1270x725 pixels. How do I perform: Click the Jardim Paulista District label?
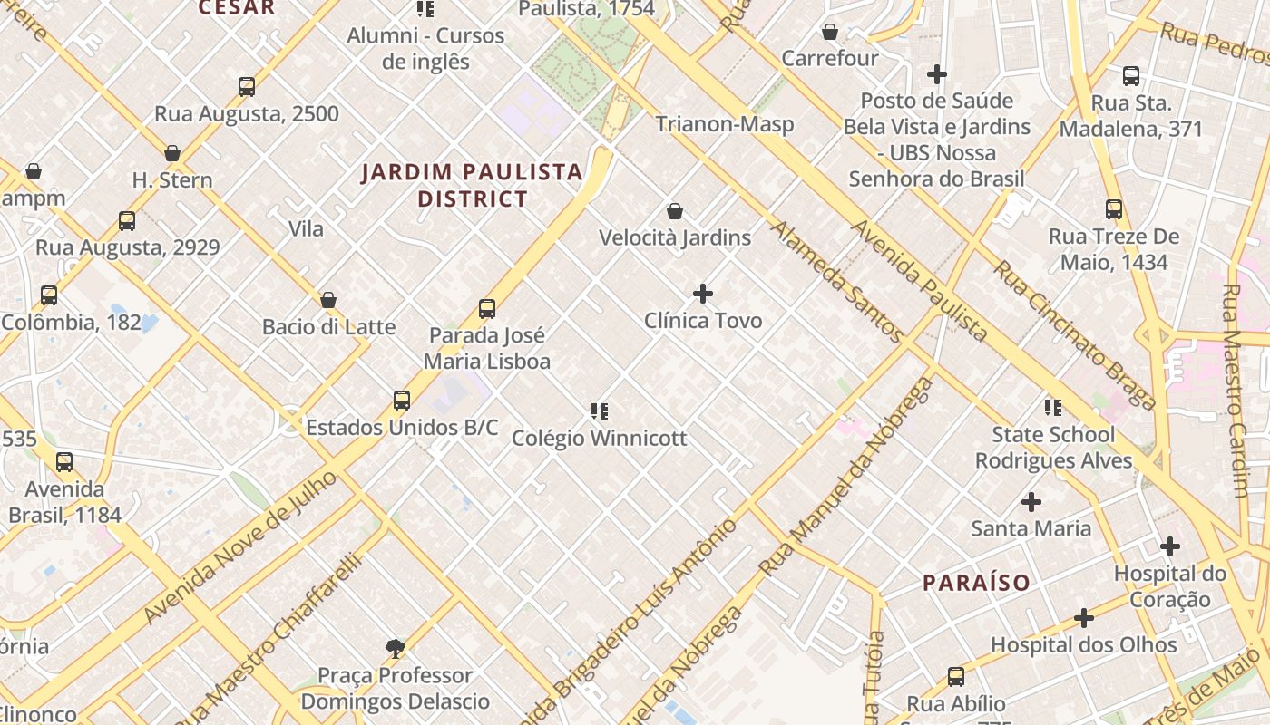pyautogui.click(x=472, y=185)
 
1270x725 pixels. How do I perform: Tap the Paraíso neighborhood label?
pyautogui.click(x=976, y=583)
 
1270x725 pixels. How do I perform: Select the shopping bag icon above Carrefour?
pyautogui.click(x=829, y=33)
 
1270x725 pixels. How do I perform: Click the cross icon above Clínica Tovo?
pyautogui.click(x=703, y=294)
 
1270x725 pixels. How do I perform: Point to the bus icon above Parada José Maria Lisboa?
pyautogui.click(x=487, y=309)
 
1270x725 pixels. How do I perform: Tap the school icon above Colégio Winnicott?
pyautogui.click(x=599, y=411)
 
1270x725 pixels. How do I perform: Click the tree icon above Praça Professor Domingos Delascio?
pyautogui.click(x=395, y=648)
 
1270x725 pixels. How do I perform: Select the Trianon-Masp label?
pyautogui.click(x=724, y=124)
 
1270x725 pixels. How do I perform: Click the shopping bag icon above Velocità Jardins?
pyautogui.click(x=675, y=211)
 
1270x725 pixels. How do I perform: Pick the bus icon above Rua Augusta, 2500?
pyautogui.click(x=247, y=87)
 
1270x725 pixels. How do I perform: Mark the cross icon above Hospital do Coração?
pyautogui.click(x=1170, y=546)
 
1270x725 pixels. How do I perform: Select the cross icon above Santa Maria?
pyautogui.click(x=1031, y=501)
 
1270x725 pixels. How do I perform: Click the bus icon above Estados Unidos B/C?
pyautogui.click(x=402, y=401)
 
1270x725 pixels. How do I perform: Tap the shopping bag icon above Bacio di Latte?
pyautogui.click(x=328, y=300)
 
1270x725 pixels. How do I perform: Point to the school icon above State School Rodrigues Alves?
pyautogui.click(x=1053, y=408)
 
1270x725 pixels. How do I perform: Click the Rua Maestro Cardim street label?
pyautogui.click(x=1237, y=391)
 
